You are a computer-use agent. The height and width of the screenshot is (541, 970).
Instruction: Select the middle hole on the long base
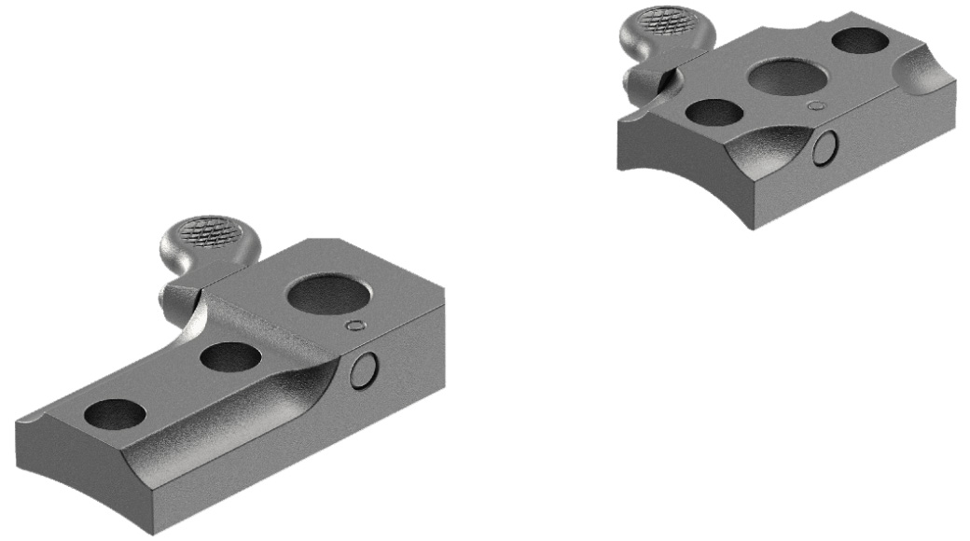pos(229,357)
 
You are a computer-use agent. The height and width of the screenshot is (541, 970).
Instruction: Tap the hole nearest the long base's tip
pos(115,413)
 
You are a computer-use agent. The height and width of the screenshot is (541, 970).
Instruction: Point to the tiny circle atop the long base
pos(353,326)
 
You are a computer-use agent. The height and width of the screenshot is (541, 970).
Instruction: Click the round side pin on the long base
pos(365,370)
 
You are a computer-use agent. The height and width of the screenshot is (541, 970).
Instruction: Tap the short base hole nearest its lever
pos(714,112)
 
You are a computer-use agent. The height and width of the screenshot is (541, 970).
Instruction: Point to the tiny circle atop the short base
pos(816,106)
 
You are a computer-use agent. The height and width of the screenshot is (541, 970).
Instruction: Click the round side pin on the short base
pos(824,147)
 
